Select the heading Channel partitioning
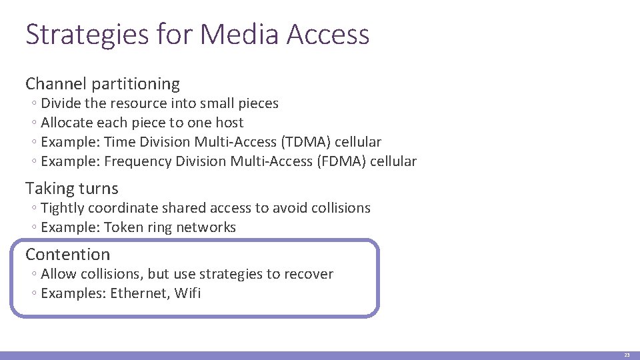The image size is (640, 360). pyautogui.click(x=103, y=84)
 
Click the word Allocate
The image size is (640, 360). pyautogui.click(x=67, y=123)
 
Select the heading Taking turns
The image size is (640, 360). pyautogui.click(x=72, y=189)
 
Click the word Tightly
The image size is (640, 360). pyautogui.click(x=63, y=208)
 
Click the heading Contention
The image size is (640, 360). pyautogui.click(x=67, y=254)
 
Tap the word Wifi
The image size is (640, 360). pyautogui.click(x=187, y=293)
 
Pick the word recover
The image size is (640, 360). pyautogui.click(x=308, y=274)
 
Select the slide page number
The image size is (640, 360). pyautogui.click(x=627, y=356)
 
